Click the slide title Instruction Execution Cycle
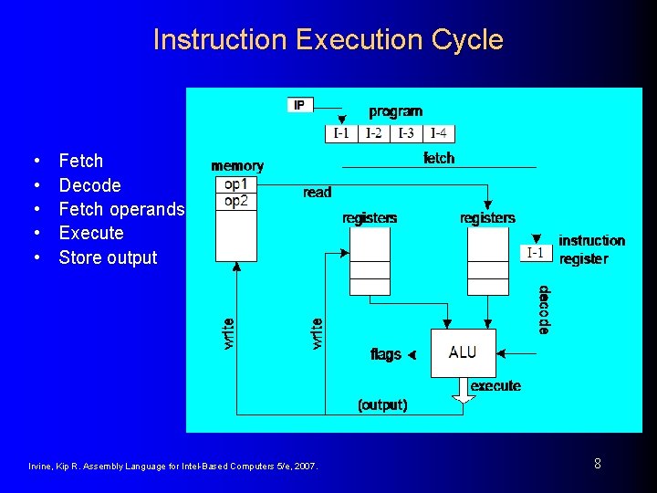[328, 39]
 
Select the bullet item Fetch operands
[121, 209]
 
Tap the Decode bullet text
[89, 185]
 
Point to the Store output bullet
[108, 257]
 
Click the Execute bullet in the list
[90, 233]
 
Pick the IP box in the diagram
[300, 105]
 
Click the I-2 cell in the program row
[374, 133]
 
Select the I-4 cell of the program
[439, 133]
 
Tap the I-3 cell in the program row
[406, 133]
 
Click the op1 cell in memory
[235, 184]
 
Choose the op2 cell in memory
[235, 201]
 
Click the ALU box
[463, 352]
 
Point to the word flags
[386, 354]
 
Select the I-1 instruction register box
[535, 253]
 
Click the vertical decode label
[544, 310]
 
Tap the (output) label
[382, 404]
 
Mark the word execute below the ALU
[495, 386]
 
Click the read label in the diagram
[318, 193]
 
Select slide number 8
[598, 464]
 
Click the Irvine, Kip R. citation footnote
[174, 467]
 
